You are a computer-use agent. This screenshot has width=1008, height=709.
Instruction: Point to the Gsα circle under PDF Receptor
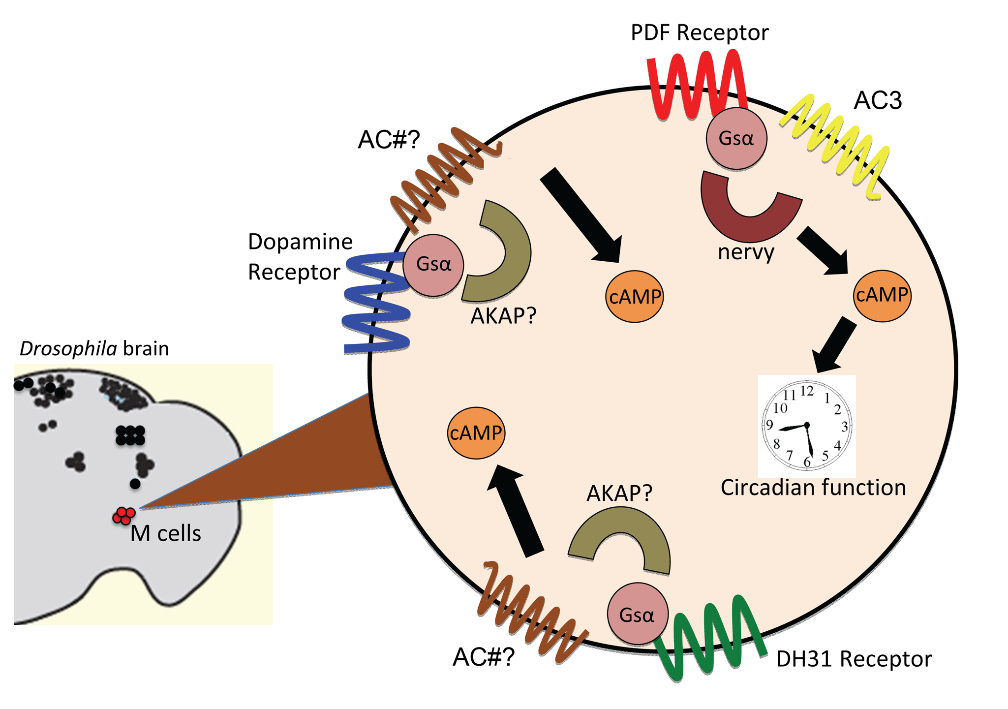736,139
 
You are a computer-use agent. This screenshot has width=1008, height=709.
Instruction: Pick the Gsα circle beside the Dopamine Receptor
433,265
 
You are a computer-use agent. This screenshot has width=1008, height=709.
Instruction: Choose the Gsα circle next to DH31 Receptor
637,614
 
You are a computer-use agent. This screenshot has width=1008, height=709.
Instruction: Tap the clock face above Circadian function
806,425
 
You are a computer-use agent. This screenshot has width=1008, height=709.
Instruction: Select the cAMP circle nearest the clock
882,295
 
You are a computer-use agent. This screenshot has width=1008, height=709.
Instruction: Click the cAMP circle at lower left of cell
476,433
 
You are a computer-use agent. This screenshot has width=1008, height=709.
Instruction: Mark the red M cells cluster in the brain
123,516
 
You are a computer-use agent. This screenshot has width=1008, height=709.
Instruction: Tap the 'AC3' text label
878,101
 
